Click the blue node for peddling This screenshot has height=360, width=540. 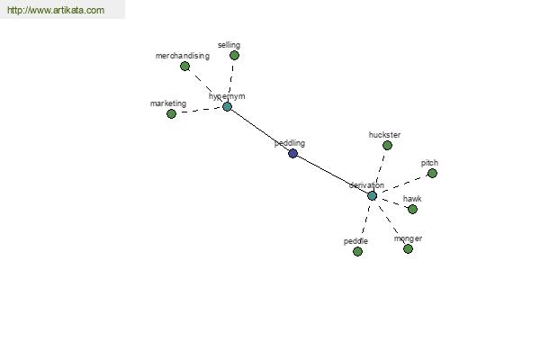pyautogui.click(x=292, y=153)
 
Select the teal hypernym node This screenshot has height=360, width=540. pyautogui.click(x=227, y=107)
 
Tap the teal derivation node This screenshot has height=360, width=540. pyautogui.click(x=372, y=196)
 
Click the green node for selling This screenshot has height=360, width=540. pyautogui.click(x=234, y=56)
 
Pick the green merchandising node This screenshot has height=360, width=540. pyautogui.click(x=184, y=66)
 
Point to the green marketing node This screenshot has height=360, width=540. pyautogui.click(x=171, y=113)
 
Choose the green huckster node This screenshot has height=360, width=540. pyautogui.click(x=387, y=146)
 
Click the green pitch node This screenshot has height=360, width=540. pyautogui.click(x=432, y=174)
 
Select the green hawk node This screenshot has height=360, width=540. pyautogui.click(x=412, y=209)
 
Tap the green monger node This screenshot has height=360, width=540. pyautogui.click(x=408, y=248)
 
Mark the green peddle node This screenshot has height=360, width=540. pyautogui.click(x=357, y=251)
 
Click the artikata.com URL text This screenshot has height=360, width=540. pyautogui.click(x=56, y=10)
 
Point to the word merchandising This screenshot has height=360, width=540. pyautogui.click(x=183, y=56)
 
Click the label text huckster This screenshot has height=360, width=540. pyautogui.click(x=384, y=135)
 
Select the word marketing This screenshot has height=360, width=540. pyautogui.click(x=168, y=103)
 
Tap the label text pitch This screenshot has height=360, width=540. pyautogui.click(x=429, y=163)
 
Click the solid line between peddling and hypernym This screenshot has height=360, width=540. pyautogui.click(x=260, y=130)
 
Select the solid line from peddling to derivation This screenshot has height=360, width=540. pyautogui.click(x=332, y=175)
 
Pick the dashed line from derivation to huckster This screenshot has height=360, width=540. pyautogui.click(x=380, y=169)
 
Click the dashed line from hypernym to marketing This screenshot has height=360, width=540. pyautogui.click(x=199, y=110)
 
